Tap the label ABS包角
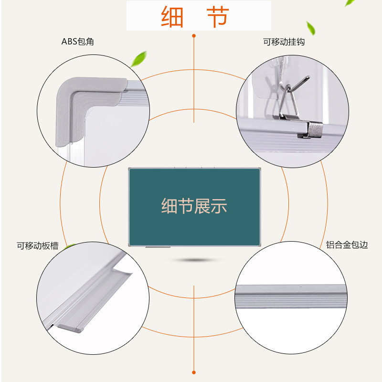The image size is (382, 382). [x=78, y=42]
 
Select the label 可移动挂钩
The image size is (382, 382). [x=284, y=42]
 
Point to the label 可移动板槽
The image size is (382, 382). [x=38, y=246]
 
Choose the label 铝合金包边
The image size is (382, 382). [x=347, y=245]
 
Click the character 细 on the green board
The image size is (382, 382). [x=169, y=206]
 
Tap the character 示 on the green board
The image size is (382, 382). [x=219, y=206]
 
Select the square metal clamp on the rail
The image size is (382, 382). [x=313, y=129]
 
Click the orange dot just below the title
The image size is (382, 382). [x=193, y=35]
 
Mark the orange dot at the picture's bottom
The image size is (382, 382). [x=193, y=371]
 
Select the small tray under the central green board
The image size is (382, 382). [x=158, y=247]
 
